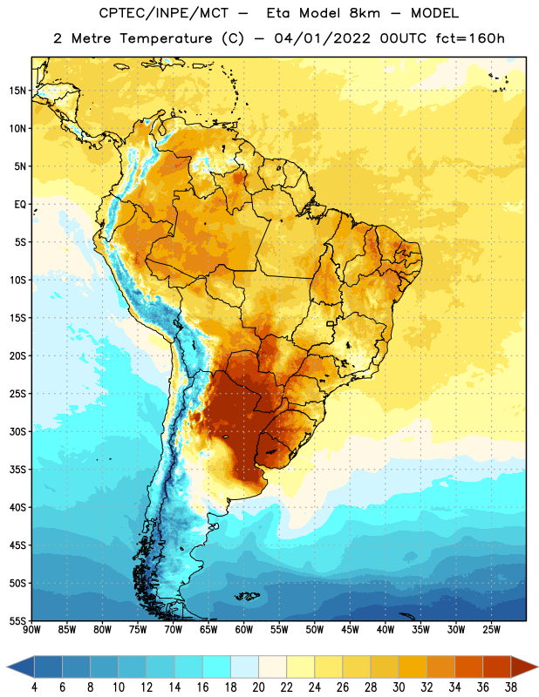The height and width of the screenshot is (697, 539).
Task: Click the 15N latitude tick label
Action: coord(17,91)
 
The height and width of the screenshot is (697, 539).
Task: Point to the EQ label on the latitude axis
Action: coord(20,205)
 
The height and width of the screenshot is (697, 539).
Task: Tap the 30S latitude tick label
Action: coord(17,431)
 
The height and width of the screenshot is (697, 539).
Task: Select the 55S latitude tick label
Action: coord(17,621)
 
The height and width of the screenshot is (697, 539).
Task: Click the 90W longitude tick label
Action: coord(31,630)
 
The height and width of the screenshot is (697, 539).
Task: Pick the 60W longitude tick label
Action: coord(244,630)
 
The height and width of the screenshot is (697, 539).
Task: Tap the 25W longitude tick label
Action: coord(491,630)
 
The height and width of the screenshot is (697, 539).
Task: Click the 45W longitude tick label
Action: coord(350,630)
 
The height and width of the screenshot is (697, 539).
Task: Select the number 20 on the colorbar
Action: coord(258,687)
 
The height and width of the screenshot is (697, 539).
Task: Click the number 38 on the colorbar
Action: coord(511,687)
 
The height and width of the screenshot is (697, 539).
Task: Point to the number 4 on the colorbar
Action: coord(34,687)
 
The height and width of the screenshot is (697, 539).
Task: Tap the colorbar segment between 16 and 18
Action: coord(217,667)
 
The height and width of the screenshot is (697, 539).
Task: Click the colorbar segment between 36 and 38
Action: coord(497,667)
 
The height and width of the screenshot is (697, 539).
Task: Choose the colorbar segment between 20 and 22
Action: coord(273,667)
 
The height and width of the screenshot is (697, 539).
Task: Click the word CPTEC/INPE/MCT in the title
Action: coord(164,13)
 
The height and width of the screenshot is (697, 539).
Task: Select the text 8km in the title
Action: coord(365,13)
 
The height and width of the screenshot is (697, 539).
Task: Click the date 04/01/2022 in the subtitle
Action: coord(322,38)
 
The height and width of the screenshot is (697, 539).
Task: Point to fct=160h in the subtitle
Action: coord(470,38)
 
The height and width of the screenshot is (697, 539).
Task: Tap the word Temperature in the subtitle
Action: coord(166,39)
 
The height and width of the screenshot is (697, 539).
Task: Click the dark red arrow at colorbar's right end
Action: coord(523,667)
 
